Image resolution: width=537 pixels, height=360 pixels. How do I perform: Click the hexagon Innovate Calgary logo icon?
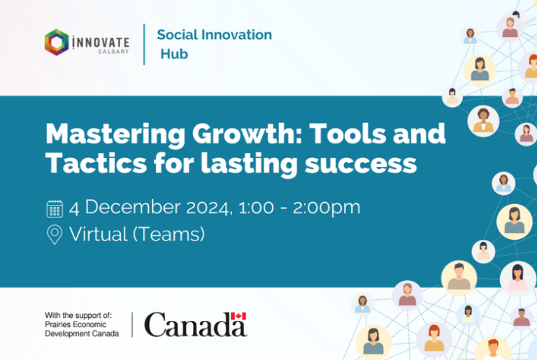(57, 42)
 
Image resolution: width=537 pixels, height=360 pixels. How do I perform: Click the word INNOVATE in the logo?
(101, 42)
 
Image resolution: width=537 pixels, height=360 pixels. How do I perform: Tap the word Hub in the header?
(174, 54)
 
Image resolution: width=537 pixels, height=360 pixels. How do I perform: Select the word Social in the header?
(177, 34)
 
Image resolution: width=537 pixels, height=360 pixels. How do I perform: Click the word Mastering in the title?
(115, 134)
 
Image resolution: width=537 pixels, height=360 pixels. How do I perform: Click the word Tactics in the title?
(96, 163)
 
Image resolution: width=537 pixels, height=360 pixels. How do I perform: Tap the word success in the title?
(361, 164)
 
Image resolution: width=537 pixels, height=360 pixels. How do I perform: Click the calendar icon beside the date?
(55, 209)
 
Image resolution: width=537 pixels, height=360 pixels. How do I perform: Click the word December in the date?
(133, 207)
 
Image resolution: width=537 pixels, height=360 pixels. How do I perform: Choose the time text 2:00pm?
(327, 208)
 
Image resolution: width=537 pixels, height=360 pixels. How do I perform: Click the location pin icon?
(55, 234)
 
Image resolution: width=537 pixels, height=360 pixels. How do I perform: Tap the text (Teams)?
(169, 234)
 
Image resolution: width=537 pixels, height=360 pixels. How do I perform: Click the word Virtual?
(99, 234)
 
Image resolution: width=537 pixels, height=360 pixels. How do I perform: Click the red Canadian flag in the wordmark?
(238, 316)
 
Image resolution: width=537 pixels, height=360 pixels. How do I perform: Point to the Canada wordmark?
(196, 324)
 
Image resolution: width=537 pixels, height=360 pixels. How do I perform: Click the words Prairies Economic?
(76, 324)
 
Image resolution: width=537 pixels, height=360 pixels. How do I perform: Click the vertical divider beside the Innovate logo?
(144, 44)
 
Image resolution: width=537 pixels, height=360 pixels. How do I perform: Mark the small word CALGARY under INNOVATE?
(113, 52)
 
